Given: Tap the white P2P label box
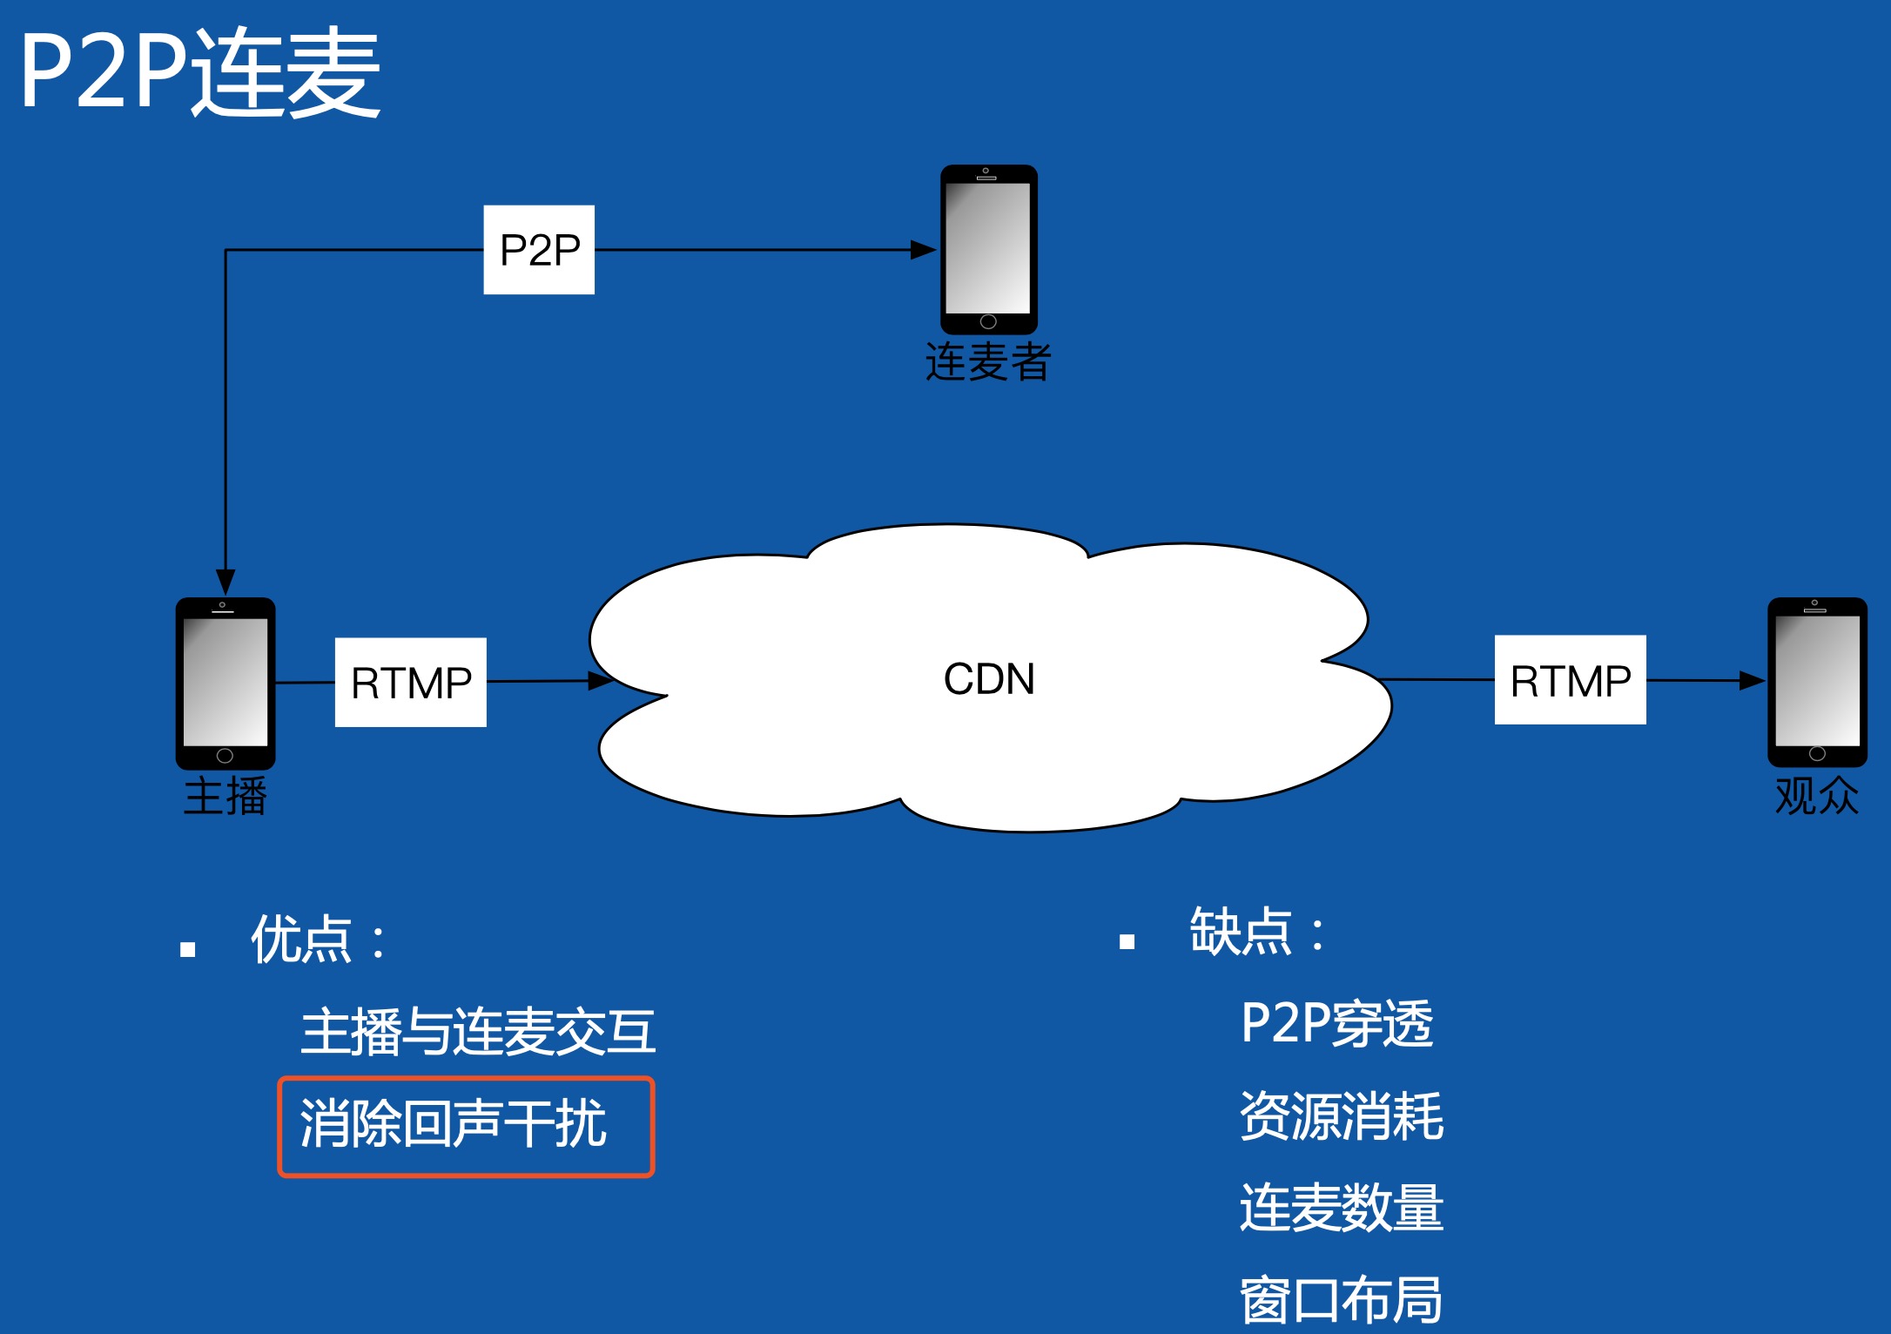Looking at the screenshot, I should coord(539,250).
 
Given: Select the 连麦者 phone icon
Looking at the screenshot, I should coord(988,249).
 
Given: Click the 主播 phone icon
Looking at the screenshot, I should coord(225,683).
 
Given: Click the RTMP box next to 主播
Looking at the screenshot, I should coord(411,683).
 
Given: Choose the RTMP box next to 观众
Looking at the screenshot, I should coord(1570,680).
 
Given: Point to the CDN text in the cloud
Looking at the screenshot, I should coord(989,679).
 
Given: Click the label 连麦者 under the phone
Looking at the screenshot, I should coord(988,361).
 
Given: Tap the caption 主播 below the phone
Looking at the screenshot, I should coord(225,796).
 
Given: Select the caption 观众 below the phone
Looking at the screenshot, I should coord(1817,796).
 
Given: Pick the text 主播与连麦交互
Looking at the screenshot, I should coord(477,1032).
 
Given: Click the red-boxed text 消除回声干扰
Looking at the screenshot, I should coord(453,1124).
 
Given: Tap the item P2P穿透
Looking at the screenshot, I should coord(1336,1023).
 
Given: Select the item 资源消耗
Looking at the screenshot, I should coord(1341,1116).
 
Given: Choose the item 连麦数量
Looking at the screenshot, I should coord(1341,1209).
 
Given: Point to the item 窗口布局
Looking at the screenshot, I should coord(1341,1300).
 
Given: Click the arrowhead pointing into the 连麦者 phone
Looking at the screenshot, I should coord(924,250).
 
